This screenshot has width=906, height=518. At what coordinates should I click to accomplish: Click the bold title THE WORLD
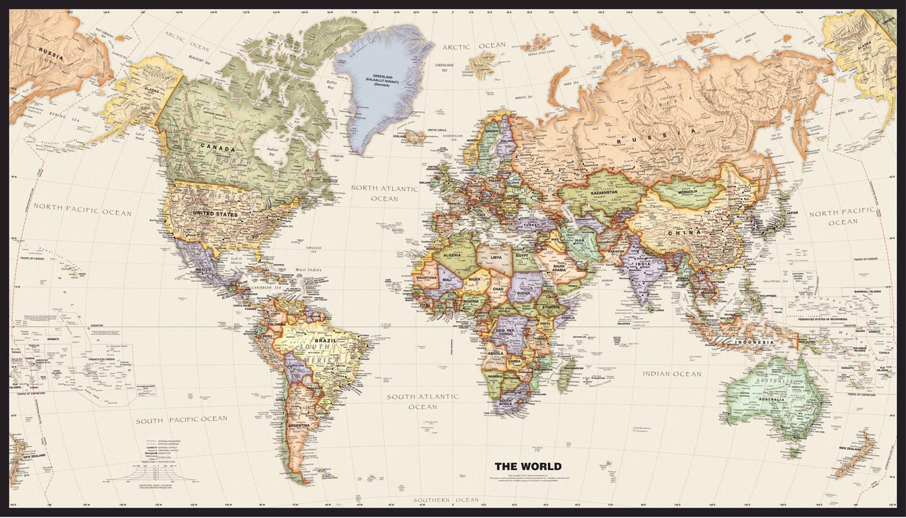click(x=528, y=466)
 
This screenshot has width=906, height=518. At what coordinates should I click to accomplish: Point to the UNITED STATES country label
click(x=215, y=214)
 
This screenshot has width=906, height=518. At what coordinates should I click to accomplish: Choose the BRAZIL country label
click(x=325, y=341)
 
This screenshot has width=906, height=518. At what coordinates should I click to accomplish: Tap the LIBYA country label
click(x=496, y=257)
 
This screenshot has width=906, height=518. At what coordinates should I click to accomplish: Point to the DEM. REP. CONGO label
click(x=509, y=332)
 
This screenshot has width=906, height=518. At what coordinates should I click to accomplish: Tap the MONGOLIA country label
click(x=687, y=192)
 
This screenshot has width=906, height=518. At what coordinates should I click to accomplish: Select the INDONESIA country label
click(x=754, y=342)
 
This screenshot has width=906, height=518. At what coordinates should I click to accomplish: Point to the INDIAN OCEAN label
click(x=672, y=374)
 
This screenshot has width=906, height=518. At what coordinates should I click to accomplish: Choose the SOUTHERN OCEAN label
click(x=447, y=500)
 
